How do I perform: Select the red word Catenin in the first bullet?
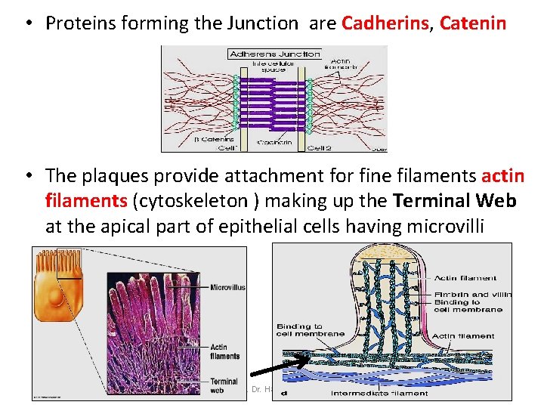tap(473, 23)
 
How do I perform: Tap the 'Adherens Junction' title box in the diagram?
tap(275, 54)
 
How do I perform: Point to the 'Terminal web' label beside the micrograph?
tap(224, 386)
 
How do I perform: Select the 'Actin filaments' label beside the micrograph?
tap(224, 351)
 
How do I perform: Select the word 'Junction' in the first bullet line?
tap(267, 23)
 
